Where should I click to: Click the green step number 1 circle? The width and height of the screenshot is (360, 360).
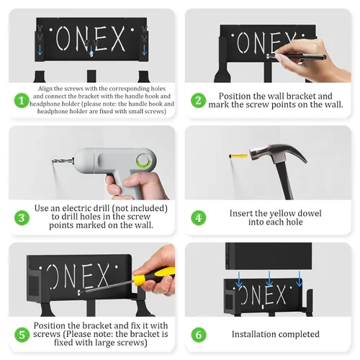22,100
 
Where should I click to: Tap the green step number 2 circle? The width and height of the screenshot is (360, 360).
198,100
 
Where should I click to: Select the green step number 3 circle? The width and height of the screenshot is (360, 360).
22,217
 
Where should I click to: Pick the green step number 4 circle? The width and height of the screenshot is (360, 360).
198,217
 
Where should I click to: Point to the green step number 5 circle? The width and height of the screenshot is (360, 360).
22,335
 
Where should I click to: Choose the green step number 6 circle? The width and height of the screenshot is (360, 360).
198,335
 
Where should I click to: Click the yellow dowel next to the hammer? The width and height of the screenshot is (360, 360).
239,156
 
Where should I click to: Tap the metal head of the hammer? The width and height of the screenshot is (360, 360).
276,153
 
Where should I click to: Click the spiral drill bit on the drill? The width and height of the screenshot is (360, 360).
63,161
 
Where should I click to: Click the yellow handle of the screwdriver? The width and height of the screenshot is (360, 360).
153,275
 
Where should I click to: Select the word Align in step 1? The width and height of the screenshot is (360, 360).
45,89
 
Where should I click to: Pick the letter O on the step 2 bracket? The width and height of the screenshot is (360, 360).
242,42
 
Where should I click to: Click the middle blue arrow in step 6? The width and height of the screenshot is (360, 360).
269,279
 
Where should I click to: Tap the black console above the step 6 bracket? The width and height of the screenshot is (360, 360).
269,256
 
